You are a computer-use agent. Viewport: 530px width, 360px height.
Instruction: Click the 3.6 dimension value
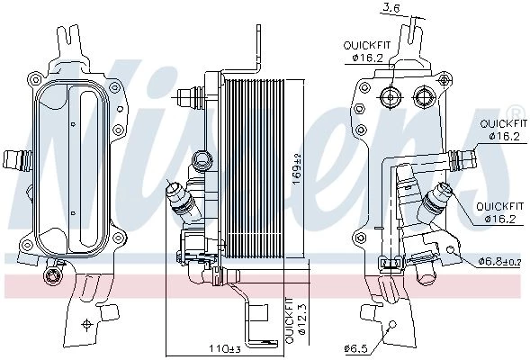pyautogui.click(x=391, y=8)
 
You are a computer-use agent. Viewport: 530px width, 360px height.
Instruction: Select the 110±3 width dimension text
pyautogui.click(x=224, y=348)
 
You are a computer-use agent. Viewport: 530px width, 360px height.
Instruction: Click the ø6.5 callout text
pyautogui.click(x=355, y=348)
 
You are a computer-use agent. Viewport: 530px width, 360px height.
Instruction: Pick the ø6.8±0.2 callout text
pyautogui.click(x=500, y=261)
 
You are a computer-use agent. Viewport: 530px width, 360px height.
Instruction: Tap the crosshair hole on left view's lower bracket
pyautogui.click(x=87, y=324)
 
